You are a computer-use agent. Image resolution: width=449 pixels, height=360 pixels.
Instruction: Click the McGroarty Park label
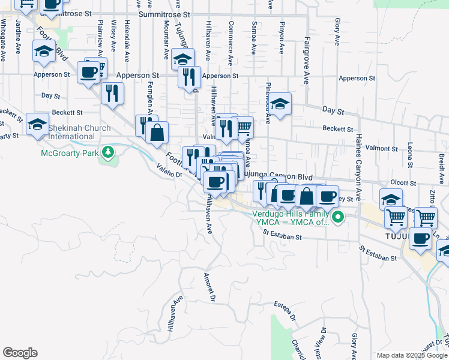click(69, 153)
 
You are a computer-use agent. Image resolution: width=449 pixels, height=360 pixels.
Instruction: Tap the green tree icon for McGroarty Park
click(108, 152)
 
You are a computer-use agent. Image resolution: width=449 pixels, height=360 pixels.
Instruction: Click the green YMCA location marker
click(338, 217)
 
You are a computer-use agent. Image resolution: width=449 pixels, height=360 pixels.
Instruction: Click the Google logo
click(20, 353)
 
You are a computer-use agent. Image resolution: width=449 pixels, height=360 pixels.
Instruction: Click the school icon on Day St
click(280, 104)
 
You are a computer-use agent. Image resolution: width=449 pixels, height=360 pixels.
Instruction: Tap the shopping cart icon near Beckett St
click(243, 127)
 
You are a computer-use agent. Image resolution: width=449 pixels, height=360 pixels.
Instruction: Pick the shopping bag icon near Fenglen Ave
click(157, 133)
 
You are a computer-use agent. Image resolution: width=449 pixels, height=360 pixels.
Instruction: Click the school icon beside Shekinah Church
click(37, 124)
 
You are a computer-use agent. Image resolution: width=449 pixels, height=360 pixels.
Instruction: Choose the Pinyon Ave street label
click(281, 37)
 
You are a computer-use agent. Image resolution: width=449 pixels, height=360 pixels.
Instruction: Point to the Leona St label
click(410, 155)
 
